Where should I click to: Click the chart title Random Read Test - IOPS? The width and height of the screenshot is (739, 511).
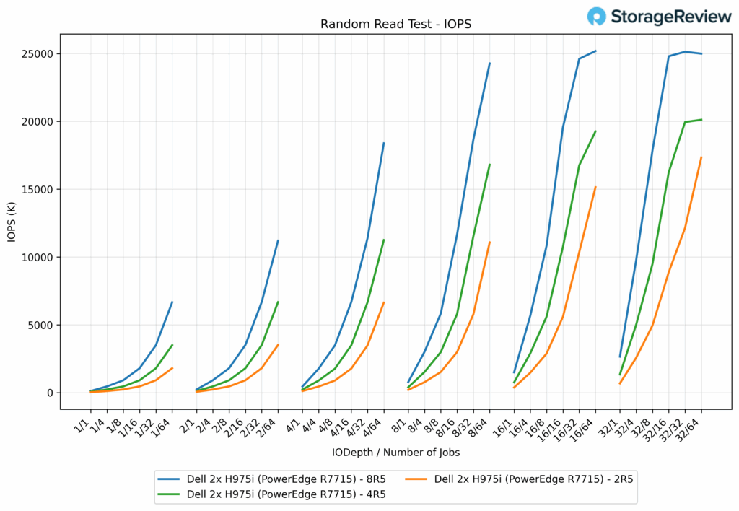point(395,24)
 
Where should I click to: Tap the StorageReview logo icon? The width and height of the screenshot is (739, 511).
point(597,17)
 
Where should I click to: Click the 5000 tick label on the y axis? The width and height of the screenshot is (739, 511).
point(41,326)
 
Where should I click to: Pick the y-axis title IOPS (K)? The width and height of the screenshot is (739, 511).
point(12,221)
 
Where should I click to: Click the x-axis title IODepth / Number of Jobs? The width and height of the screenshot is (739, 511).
point(395,453)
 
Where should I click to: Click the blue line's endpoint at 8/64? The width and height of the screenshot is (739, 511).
point(489,63)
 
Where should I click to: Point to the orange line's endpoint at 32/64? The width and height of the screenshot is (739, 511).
point(701,157)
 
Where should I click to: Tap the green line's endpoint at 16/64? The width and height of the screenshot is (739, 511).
point(595,131)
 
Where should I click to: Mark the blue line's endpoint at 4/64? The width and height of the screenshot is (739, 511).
point(384,143)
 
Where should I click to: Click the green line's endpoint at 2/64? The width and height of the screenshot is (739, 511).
point(278,302)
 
